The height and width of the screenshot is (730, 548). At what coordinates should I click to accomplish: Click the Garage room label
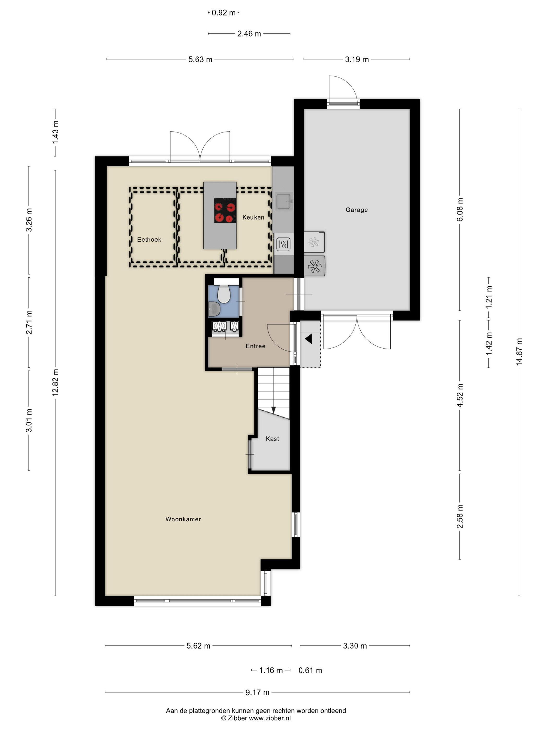[356, 210]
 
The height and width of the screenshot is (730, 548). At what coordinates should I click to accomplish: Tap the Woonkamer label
[183, 519]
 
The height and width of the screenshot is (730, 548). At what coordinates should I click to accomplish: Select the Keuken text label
[253, 217]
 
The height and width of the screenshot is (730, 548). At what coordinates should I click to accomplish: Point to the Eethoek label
[149, 240]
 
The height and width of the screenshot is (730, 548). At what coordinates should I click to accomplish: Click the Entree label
[255, 346]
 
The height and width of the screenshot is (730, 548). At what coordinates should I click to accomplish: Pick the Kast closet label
[272, 439]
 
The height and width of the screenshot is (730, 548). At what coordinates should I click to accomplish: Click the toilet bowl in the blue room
[224, 294]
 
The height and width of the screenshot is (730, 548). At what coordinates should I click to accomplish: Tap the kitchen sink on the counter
[283, 201]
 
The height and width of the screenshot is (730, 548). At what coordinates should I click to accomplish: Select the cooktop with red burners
[225, 210]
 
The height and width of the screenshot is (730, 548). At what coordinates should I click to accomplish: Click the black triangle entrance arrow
[308, 339]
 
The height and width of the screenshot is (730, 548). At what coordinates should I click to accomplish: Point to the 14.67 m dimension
[519, 351]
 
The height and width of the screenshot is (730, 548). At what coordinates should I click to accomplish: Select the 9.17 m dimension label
[257, 692]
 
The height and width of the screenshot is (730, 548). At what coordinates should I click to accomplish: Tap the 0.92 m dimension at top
[224, 13]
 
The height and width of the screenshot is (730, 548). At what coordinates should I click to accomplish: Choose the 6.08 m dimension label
[460, 210]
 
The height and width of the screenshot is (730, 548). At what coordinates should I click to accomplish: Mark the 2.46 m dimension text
[249, 34]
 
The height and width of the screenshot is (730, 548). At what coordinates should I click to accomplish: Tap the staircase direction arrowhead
[273, 410]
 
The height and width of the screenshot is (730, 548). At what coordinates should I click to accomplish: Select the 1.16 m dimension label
[271, 670]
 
